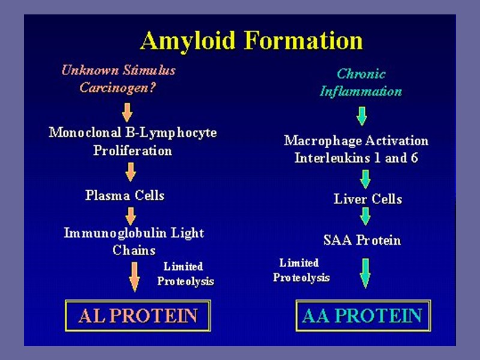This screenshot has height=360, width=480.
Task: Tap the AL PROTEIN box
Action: [137, 316]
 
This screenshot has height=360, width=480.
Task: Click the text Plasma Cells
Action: [125, 196]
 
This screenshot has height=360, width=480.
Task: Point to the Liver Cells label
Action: [368, 199]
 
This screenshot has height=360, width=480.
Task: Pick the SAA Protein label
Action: [362, 241]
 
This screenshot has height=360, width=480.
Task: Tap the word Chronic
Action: [361, 74]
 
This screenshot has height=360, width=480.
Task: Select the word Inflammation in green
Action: [361, 92]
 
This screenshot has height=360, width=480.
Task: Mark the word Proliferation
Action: [133, 150]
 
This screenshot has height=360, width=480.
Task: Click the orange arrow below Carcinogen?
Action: [127, 112]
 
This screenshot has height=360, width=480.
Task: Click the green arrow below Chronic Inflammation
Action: [361, 115]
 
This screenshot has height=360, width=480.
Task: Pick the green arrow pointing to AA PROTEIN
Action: [364, 272]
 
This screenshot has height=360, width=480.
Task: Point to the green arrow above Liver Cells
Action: [365, 179]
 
